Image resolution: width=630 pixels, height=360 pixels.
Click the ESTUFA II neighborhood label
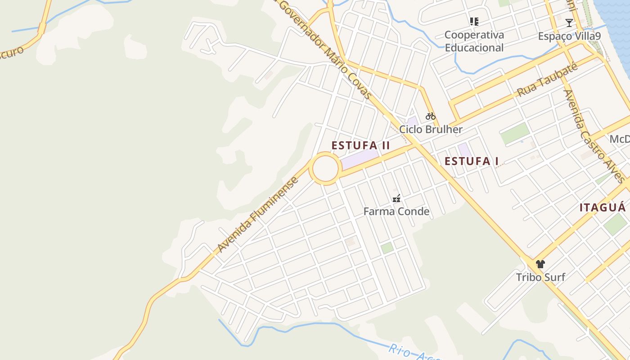point(360,146)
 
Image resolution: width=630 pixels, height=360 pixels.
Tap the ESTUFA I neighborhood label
point(472,162)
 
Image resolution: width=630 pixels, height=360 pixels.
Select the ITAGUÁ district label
point(602,207)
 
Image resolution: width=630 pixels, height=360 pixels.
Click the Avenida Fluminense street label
point(258,215)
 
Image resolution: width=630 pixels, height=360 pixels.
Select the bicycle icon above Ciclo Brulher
point(431,116)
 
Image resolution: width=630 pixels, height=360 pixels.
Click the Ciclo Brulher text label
point(431,130)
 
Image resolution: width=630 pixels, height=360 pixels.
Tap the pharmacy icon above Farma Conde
point(396,198)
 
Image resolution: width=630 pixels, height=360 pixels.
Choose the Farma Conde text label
point(396,211)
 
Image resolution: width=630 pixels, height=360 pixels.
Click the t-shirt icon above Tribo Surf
point(540,264)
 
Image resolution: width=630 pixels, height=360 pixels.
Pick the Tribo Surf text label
point(540,277)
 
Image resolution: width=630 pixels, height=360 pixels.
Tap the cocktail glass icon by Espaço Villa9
point(569,22)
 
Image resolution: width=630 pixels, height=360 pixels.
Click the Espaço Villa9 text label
point(569,36)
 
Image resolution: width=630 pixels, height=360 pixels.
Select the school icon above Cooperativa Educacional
point(474,21)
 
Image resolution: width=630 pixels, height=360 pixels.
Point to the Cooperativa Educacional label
point(474,41)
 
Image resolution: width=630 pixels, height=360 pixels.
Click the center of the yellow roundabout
point(325,168)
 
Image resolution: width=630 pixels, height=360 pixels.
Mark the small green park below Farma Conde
point(387,248)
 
